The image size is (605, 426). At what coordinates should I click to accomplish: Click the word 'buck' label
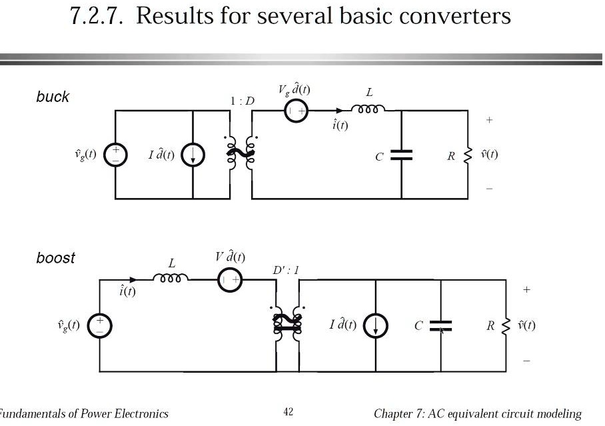[x=53, y=97]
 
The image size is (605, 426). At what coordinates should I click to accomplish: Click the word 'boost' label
[x=56, y=258]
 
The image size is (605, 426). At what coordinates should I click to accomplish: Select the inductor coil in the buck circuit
[x=368, y=109]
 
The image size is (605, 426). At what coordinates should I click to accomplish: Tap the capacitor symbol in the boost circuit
[x=440, y=325]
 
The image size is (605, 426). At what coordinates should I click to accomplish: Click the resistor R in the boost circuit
[x=507, y=325]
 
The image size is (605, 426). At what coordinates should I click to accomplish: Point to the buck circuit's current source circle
[x=193, y=156]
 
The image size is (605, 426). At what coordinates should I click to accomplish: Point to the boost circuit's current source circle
[x=375, y=325]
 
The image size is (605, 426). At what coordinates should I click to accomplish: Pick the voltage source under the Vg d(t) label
[x=296, y=111]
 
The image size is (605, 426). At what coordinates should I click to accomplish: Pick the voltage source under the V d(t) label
[x=230, y=281]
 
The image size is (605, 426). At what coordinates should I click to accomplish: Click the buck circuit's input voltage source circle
[x=115, y=155]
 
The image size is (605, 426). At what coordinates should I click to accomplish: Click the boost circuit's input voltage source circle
[x=100, y=326]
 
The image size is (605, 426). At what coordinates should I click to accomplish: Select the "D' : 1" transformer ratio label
[x=286, y=271]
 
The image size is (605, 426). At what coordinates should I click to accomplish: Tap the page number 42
[x=288, y=413]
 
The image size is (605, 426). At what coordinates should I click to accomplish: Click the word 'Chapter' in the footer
[x=397, y=413]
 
